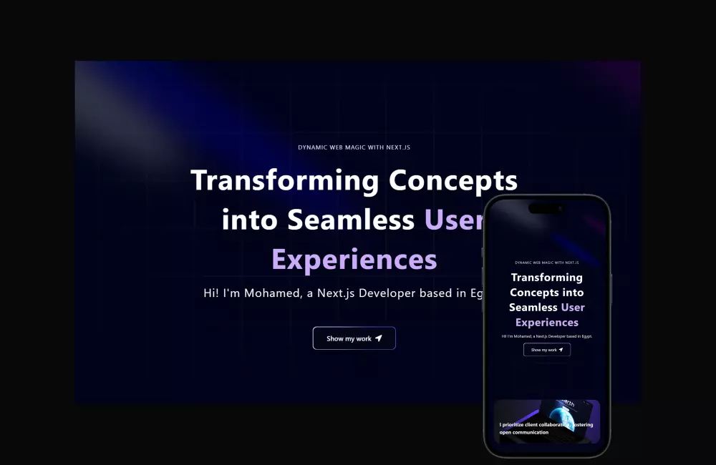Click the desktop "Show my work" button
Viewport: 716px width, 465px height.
354,338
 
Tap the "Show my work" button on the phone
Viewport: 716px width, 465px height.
546,350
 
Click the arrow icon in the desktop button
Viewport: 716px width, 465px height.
379,338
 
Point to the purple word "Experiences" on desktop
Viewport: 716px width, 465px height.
354,260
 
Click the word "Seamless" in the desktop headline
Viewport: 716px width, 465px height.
351,220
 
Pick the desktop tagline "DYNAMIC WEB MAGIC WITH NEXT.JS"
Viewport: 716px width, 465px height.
354,147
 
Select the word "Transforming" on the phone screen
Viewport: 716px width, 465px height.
546,278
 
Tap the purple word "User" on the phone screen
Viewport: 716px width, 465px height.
573,308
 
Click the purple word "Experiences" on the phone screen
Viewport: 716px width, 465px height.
546,323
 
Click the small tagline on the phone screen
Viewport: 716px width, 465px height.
546,263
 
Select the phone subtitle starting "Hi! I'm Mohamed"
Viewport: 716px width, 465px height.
546,336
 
